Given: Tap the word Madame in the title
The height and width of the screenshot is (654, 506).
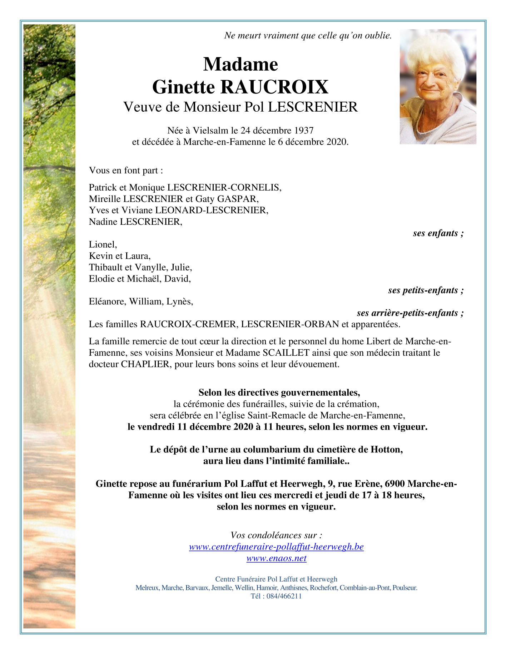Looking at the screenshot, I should point(240,65).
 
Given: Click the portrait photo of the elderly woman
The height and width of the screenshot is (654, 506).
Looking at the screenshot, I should point(438,87).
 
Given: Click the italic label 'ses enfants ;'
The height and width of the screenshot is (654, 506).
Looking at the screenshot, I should point(438,233).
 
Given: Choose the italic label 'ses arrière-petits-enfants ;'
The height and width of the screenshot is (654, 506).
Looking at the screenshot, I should point(410,313).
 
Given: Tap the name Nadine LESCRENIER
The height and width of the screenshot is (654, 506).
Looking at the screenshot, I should point(135,222).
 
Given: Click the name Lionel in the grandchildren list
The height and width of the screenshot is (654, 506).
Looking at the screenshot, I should point(103,244).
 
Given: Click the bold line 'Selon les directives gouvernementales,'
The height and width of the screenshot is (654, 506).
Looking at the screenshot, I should point(279,393).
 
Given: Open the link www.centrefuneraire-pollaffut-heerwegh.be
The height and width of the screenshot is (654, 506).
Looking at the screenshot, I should point(276,547).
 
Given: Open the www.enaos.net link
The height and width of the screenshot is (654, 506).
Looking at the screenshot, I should point(276,558).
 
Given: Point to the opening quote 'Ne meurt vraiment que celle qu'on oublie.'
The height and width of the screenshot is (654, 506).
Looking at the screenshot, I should point(308,35).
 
